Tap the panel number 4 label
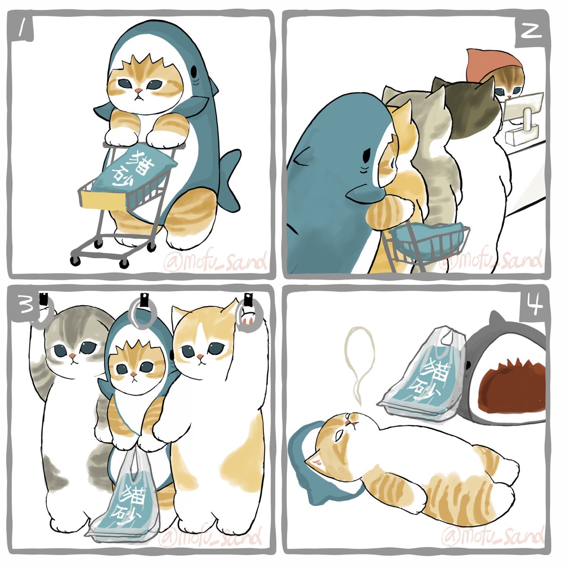(x=532, y=307)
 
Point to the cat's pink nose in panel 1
(x=138, y=91)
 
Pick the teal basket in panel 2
(x=427, y=241)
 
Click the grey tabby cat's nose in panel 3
(x=71, y=355)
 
